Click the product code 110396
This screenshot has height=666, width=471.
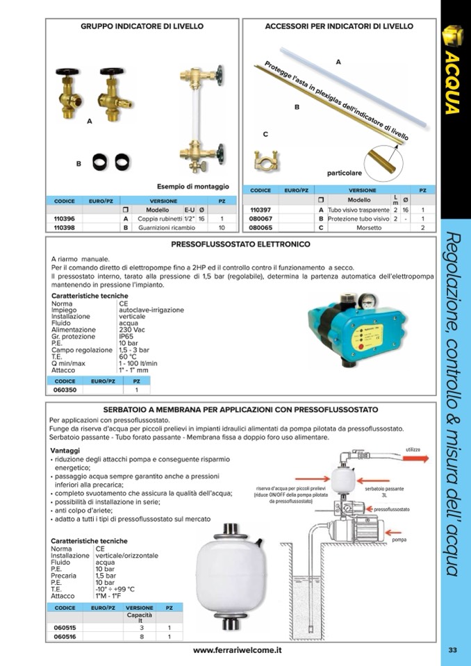64,218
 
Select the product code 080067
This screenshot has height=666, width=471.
261,219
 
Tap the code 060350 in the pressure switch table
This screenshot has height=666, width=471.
64,390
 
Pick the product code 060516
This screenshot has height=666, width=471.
65,635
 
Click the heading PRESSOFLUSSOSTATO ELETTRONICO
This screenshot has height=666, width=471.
240,244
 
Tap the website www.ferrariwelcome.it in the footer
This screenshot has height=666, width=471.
237,650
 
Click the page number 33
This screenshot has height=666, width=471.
452,650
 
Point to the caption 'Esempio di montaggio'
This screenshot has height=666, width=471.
192,187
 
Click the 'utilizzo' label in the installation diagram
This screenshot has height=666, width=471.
412,450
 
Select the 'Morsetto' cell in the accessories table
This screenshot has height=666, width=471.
369,228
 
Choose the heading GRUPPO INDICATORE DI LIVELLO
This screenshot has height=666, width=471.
142,26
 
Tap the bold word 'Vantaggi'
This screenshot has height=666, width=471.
65,451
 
